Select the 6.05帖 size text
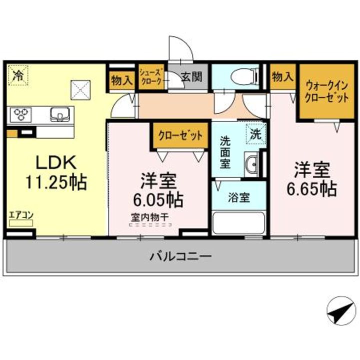(157, 200)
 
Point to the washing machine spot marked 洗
(255, 134)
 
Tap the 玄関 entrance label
(191, 77)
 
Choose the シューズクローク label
(151, 77)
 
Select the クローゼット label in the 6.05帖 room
(180, 135)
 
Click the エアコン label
(21, 215)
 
